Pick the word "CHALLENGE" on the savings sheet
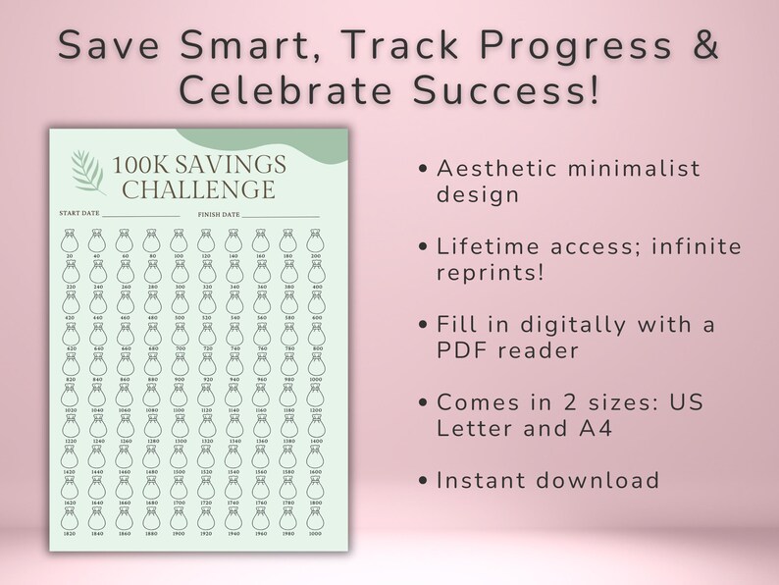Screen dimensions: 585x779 pyautogui.click(x=206, y=188)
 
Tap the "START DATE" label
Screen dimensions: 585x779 pyautogui.click(x=78, y=213)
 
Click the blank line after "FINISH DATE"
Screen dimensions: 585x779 pyautogui.click(x=281, y=214)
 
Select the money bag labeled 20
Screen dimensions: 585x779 pyautogui.click(x=70, y=239)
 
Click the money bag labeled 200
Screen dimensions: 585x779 pyautogui.click(x=315, y=239)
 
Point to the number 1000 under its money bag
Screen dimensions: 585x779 pyautogui.click(x=315, y=379)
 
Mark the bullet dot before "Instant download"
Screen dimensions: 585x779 pyautogui.click(x=423, y=481)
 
